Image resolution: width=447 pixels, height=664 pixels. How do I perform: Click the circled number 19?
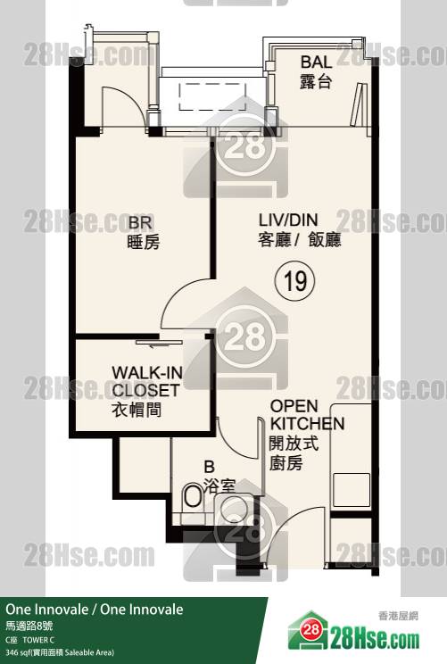coord(294,280)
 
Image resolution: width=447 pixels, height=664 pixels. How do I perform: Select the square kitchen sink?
coord(352,490)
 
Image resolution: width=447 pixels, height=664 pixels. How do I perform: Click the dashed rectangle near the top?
coord(212,97)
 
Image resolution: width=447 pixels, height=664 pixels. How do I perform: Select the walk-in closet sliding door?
coord(159,342)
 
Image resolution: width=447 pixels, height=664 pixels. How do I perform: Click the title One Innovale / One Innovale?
coord(95,610)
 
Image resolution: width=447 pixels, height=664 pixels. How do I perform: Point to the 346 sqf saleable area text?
coord(60,652)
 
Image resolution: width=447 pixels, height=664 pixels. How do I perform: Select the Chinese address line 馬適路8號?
coord(29,626)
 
